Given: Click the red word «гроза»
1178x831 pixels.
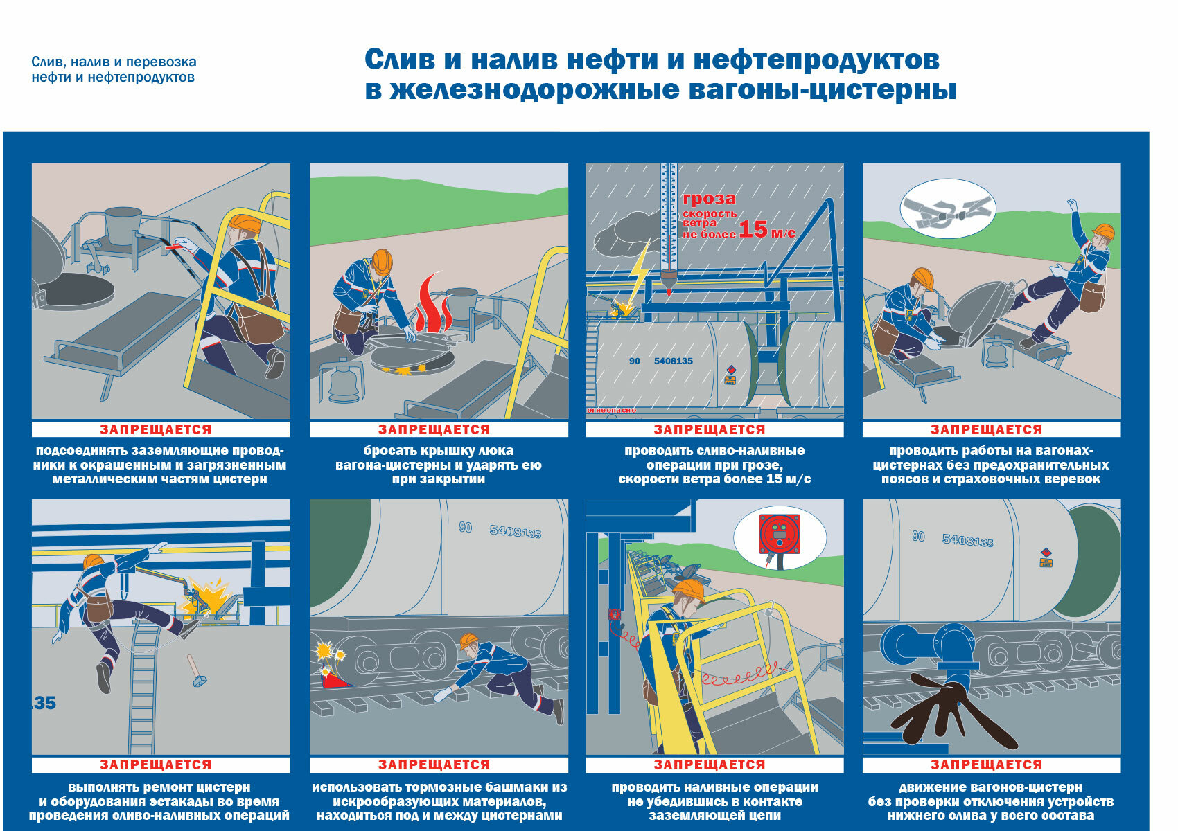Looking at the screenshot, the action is point(709,199).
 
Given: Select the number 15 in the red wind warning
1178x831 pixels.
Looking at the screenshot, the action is point(753,230).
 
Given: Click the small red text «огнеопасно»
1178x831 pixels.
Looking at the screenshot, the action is point(611,410).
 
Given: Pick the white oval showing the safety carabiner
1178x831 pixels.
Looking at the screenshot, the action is point(948,208).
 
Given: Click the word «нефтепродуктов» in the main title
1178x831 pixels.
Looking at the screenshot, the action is point(816,60).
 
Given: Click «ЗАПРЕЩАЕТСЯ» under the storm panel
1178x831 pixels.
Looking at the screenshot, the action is point(710,429).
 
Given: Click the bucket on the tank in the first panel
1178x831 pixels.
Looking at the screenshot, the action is point(123,225).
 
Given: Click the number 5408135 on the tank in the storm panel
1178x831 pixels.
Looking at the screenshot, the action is point(673,361).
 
